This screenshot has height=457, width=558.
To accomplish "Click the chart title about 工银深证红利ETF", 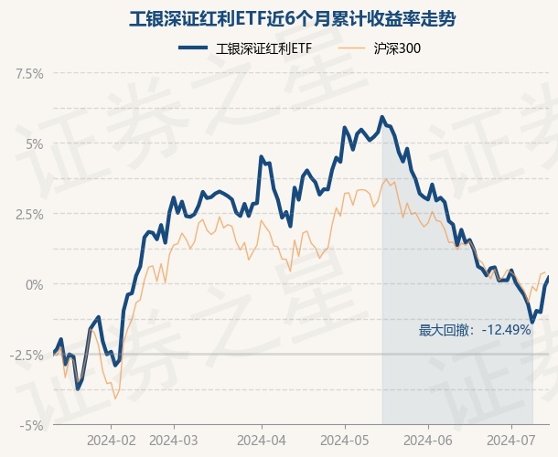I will pyautogui.click(x=279, y=18).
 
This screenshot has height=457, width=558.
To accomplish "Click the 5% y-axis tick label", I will pyautogui.click(x=33, y=143).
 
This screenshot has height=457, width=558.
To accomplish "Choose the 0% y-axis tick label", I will pyautogui.click(x=33, y=284).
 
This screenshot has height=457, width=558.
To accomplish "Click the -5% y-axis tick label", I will pyautogui.click(x=31, y=425).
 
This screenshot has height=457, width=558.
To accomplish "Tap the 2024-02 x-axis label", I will pyautogui.click(x=112, y=440).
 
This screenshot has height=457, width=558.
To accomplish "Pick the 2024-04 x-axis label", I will pyautogui.click(x=262, y=440).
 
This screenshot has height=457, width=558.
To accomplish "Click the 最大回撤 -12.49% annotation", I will pyautogui.click(x=475, y=330).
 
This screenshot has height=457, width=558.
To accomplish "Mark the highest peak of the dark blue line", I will pyautogui.click(x=381, y=117).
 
